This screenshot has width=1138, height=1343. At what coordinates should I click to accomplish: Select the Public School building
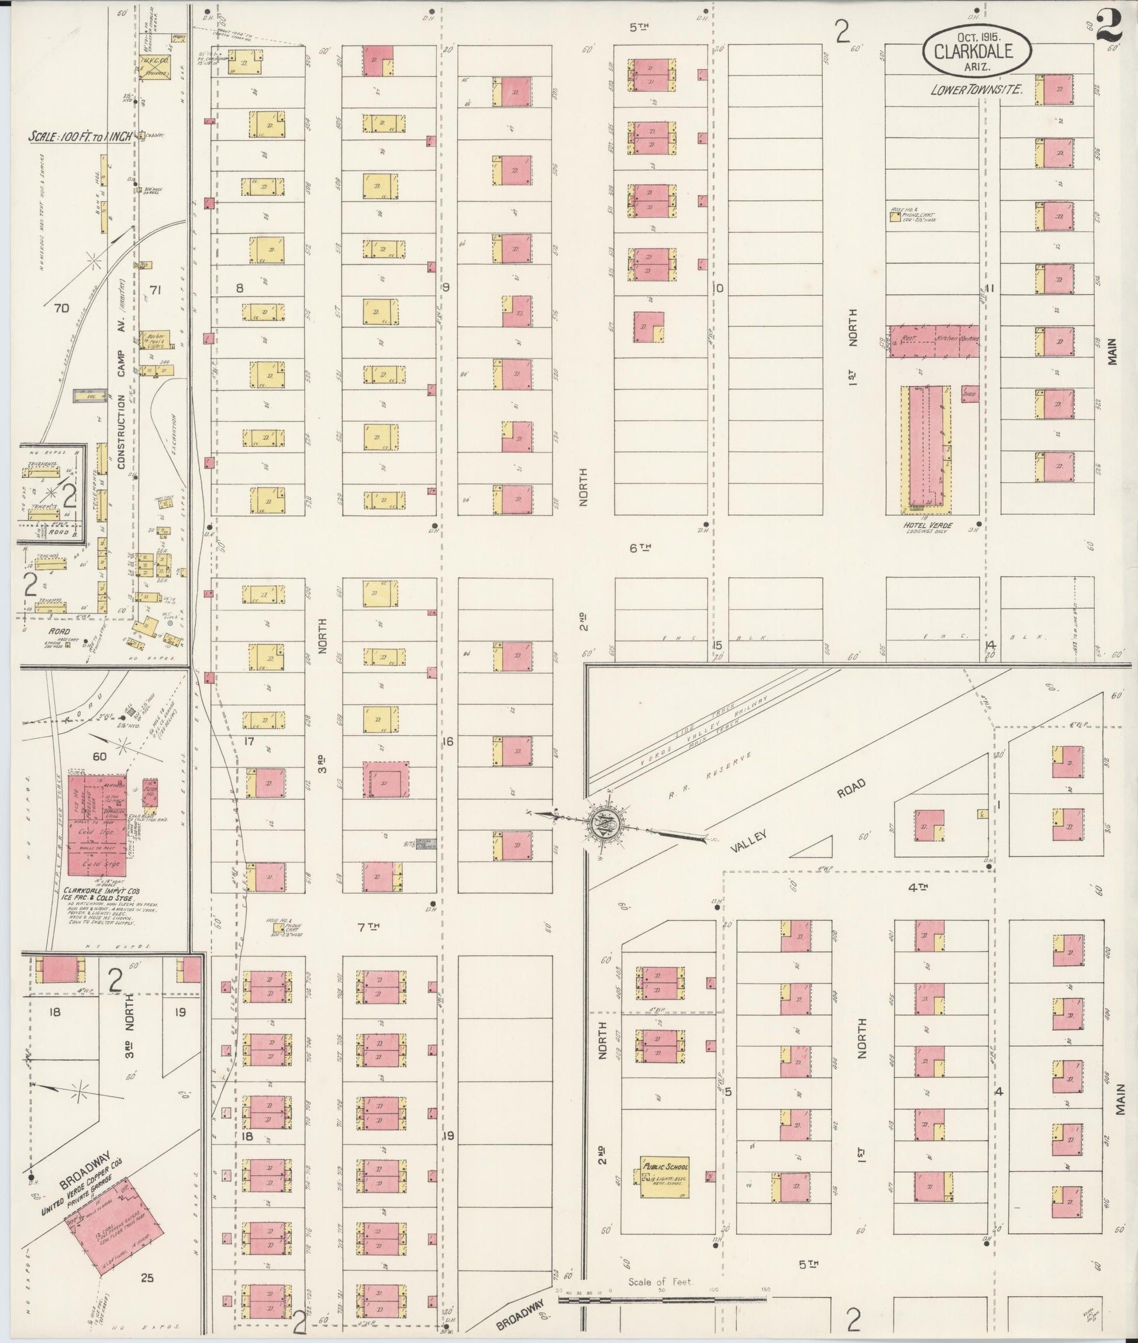(664, 1177)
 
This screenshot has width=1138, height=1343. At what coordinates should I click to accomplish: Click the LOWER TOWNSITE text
(975, 90)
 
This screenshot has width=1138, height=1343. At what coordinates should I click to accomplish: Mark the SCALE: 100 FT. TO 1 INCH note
(80, 137)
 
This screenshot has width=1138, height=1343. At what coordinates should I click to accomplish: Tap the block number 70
(61, 308)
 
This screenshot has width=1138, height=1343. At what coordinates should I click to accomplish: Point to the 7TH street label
(368, 927)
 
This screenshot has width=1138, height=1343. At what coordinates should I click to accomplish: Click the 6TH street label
(640, 548)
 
